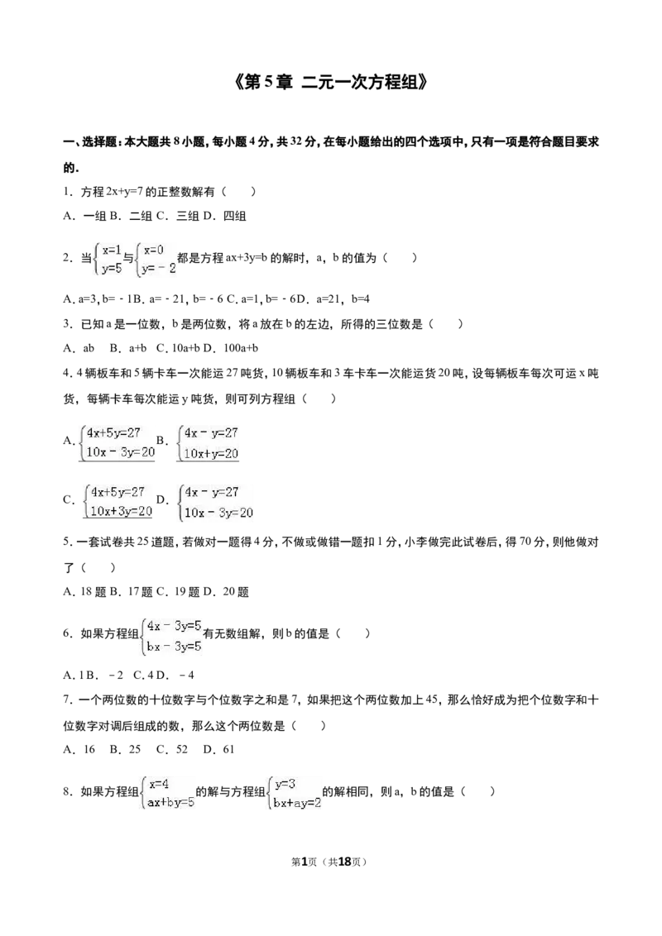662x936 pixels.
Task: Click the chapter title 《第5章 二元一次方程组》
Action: (x=331, y=83)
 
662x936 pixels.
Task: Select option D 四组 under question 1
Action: (x=224, y=216)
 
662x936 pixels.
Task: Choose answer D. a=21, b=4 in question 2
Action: (x=333, y=298)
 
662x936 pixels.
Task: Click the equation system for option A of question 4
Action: (x=117, y=442)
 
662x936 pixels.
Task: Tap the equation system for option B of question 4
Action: (x=208, y=442)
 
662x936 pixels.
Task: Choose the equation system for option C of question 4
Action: (x=118, y=501)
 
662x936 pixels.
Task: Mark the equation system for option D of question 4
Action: (x=216, y=502)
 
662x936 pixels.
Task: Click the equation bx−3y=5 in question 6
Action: (x=174, y=646)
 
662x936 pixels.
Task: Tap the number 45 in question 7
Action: (x=431, y=700)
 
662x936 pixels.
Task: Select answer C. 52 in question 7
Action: (x=172, y=749)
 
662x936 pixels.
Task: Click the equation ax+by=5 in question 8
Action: (x=170, y=802)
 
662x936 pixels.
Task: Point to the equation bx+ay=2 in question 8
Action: (x=297, y=803)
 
